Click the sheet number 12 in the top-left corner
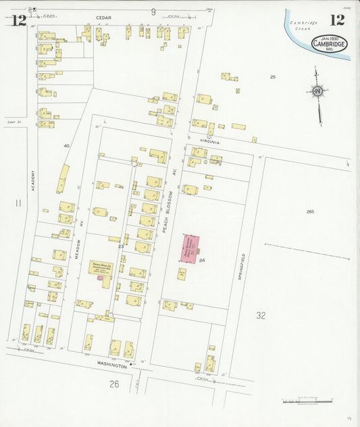pyautogui.click(x=19, y=19)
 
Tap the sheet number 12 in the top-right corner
pyautogui.click(x=337, y=20)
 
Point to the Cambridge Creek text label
pyautogui.click(x=303, y=26)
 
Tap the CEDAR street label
pyautogui.click(x=103, y=18)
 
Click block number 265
pyautogui.click(x=309, y=212)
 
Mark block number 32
pyautogui.click(x=261, y=316)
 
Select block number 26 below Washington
pyautogui.click(x=114, y=384)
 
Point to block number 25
pyautogui.click(x=273, y=77)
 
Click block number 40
pyautogui.click(x=66, y=145)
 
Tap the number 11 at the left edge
pyautogui.click(x=18, y=202)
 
